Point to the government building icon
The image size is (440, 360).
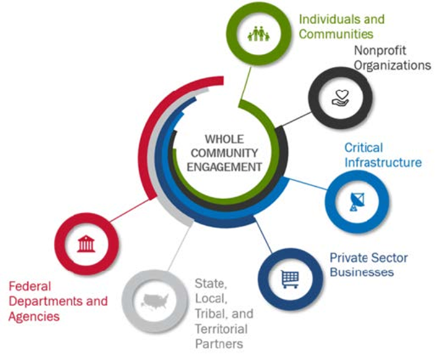tap(85, 243)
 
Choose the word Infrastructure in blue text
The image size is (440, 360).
tap(383, 163)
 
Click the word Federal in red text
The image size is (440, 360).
tap(28, 287)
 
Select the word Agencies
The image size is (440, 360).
tap(35, 317)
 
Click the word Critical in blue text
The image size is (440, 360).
tap(364, 148)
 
